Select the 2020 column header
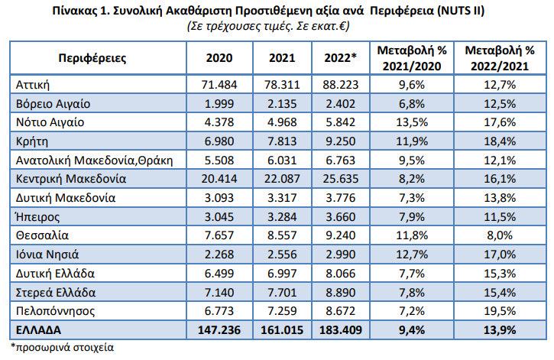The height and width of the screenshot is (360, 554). point(219,57)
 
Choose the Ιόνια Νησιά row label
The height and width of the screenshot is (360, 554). point(47,252)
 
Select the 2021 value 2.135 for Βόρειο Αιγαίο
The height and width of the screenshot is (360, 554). point(280,103)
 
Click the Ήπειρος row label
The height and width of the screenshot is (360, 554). point(37,216)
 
